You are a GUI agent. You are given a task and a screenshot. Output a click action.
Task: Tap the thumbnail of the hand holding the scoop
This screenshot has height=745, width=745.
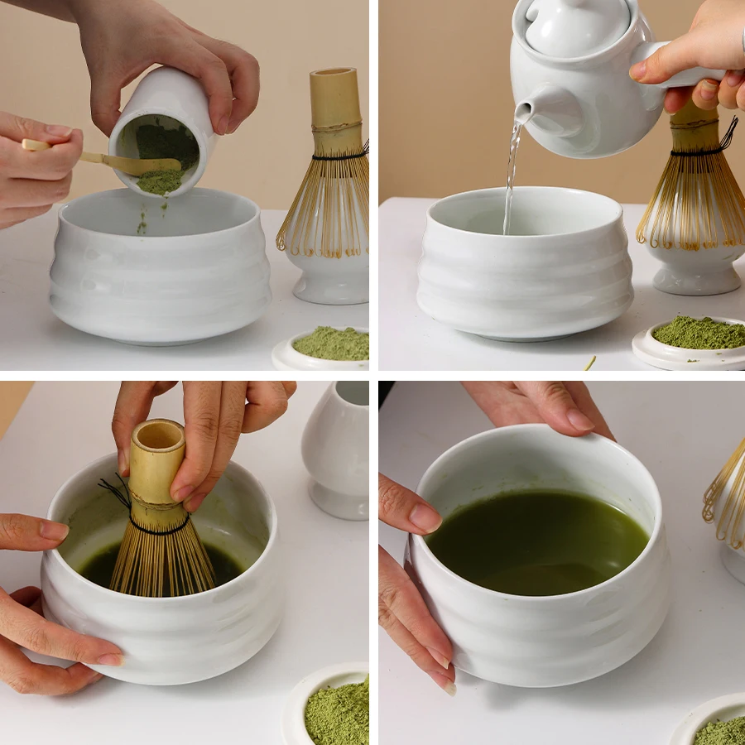pyautogui.click(x=58, y=131)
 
